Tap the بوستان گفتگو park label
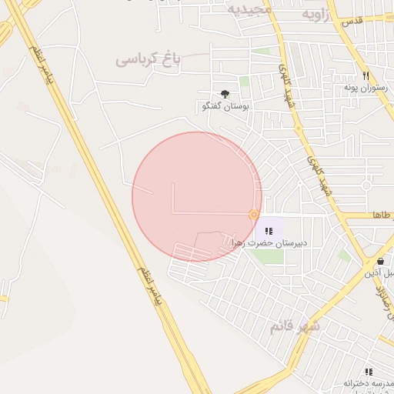click(x=225, y=105)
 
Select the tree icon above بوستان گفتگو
click(x=225, y=94)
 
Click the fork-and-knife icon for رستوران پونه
click(x=366, y=76)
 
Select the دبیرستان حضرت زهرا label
click(x=269, y=243)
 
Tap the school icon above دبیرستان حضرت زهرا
click(x=269, y=231)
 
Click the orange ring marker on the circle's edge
click(x=253, y=214)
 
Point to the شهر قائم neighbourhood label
click(x=294, y=326)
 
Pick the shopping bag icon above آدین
click(x=380, y=261)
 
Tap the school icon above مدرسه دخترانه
click(x=369, y=372)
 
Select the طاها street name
click(x=382, y=215)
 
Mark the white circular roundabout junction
click(x=366, y=185)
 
